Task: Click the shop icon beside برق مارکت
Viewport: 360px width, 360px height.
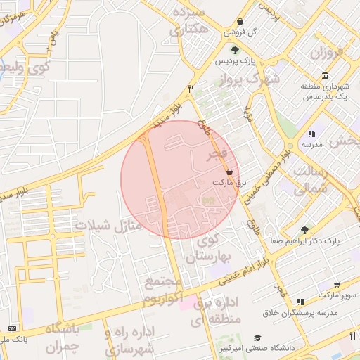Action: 230,171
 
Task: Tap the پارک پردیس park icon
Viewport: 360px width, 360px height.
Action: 235,50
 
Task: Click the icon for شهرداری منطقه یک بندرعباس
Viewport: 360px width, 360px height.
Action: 324,75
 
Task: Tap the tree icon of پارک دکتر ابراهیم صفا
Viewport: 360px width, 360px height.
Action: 304,229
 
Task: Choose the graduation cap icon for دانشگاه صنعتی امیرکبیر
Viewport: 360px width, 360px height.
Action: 257,337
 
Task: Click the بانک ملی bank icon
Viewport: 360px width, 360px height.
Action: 12,328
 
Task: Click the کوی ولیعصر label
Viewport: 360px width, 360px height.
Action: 27,68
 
